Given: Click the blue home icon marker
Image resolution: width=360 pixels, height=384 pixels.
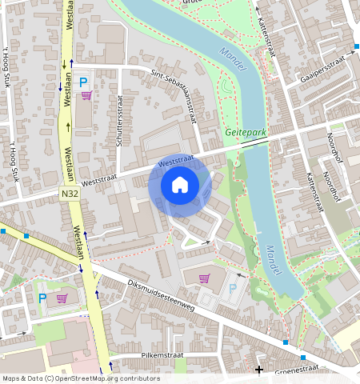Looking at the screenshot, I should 180,186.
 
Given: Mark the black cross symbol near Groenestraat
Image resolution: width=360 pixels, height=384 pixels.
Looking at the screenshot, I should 258,370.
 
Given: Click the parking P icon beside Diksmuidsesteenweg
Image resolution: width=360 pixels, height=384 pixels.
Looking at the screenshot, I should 233,287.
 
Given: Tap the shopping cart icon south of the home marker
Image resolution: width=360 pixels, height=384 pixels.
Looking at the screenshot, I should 205,278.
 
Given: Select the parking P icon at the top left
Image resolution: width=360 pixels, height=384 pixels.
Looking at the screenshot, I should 82,82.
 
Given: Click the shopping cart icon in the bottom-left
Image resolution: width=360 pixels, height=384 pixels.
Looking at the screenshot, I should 62,298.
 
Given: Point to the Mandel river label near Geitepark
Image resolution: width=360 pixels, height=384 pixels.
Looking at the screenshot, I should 228,58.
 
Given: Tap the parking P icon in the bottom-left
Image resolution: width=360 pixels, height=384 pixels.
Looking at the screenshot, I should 42,298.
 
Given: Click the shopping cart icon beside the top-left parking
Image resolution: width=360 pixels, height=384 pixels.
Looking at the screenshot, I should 86,95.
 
